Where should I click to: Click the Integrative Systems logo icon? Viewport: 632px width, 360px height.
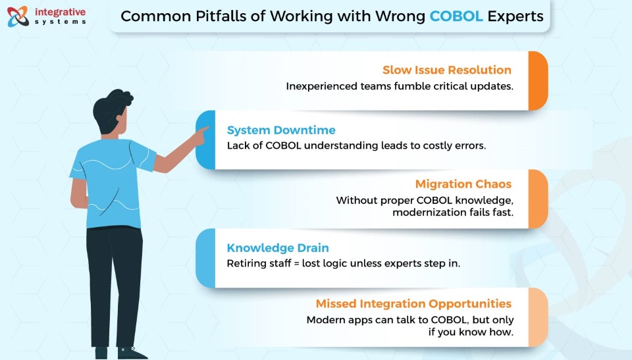18,16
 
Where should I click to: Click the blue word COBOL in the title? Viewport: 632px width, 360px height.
456,16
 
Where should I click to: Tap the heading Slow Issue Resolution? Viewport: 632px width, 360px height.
446,70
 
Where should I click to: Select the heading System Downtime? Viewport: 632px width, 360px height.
281,130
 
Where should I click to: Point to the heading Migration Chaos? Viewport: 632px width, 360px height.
463,184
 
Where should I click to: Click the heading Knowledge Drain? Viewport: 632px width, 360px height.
278,247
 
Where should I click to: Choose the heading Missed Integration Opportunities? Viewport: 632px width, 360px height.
413,303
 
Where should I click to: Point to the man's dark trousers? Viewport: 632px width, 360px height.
115,286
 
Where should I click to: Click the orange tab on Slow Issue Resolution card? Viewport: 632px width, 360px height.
538,81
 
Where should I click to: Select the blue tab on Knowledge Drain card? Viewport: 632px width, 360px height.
205,258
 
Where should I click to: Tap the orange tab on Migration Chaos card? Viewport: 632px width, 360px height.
538,199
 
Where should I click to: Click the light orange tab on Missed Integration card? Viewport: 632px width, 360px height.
538,317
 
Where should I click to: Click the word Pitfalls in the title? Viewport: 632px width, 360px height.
230,16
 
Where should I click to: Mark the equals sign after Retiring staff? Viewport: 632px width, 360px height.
297,264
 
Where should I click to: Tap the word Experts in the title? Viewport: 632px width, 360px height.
515,16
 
